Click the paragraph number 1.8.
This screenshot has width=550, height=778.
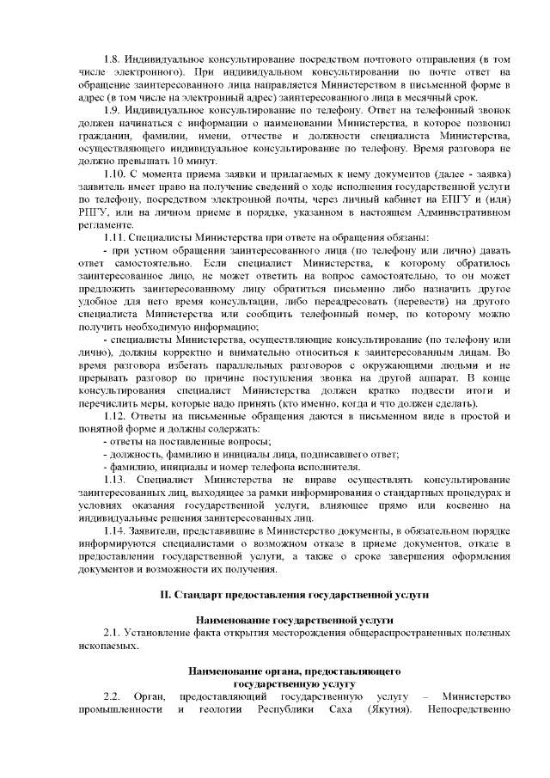[112, 58]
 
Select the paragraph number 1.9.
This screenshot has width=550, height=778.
[112, 111]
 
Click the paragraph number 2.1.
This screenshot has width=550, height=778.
[112, 633]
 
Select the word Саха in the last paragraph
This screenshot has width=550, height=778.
[341, 709]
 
